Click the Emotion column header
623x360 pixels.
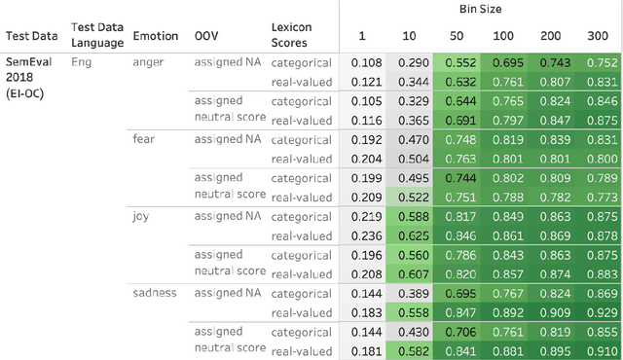click(x=156, y=35)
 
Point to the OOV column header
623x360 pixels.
click(x=206, y=35)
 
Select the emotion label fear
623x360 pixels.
click(x=143, y=138)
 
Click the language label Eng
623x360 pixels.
click(x=82, y=61)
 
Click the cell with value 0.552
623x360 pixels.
click(x=460, y=62)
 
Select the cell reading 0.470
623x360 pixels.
click(x=414, y=139)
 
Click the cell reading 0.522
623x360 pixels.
click(x=414, y=197)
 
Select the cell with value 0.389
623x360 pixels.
click(x=414, y=292)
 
